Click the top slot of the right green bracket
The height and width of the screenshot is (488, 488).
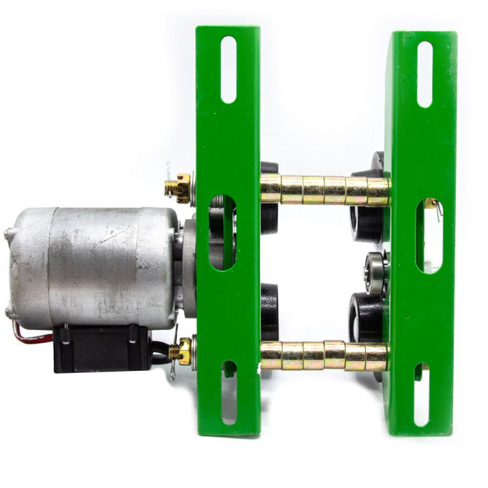tap(425, 74)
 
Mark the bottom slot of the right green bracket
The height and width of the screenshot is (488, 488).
tap(421, 394)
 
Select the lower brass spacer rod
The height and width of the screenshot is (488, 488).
tap(324, 356)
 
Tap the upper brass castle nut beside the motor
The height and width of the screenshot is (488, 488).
tap(181, 187)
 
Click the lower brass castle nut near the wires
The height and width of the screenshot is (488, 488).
tap(183, 351)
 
